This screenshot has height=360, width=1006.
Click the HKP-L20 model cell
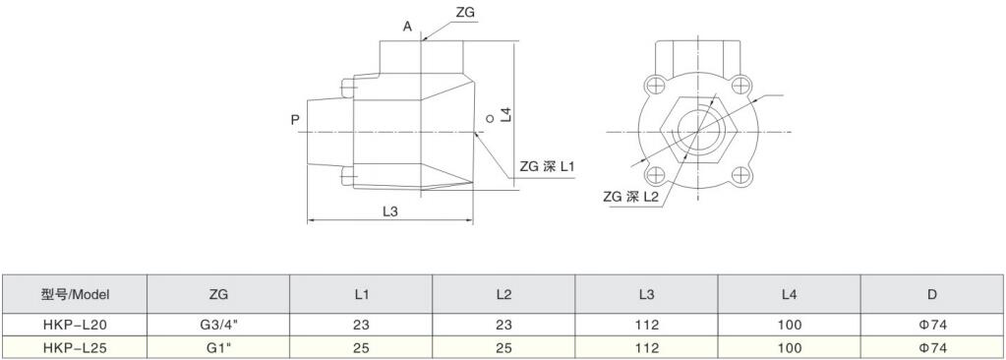pos(75,326)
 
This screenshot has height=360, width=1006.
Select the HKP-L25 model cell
pos(75,348)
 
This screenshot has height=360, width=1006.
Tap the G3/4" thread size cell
pos(218,326)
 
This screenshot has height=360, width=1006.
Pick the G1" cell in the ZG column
pos(218,348)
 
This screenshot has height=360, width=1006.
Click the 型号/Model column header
pos(75,294)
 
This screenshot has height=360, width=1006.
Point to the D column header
pos(932,294)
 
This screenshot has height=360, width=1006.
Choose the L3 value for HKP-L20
pos(646,326)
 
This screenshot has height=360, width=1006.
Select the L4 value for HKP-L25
pos(789,348)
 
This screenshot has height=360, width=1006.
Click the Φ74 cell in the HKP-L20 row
pos(932,326)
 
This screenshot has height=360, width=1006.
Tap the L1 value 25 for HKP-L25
pos(361,348)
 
